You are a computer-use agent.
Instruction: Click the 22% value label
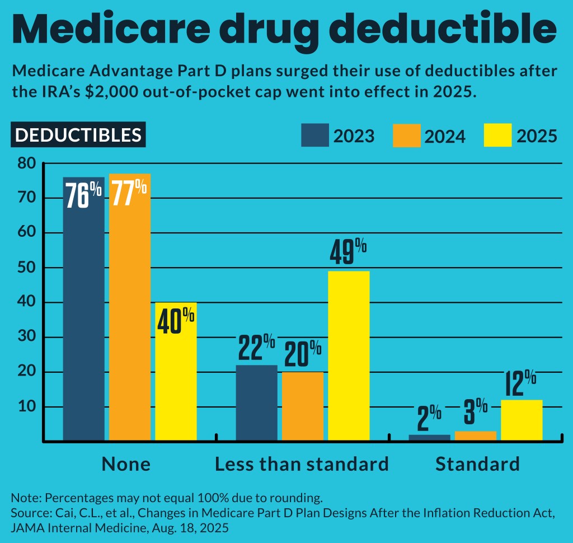click(256, 348)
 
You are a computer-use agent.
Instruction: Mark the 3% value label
click(475, 415)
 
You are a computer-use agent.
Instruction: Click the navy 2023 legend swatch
click(315, 135)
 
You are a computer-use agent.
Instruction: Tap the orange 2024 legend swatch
click(406, 135)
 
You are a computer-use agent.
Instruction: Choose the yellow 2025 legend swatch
click(497, 135)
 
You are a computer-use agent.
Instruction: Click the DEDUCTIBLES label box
click(78, 135)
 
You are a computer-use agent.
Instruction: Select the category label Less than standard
click(302, 464)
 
